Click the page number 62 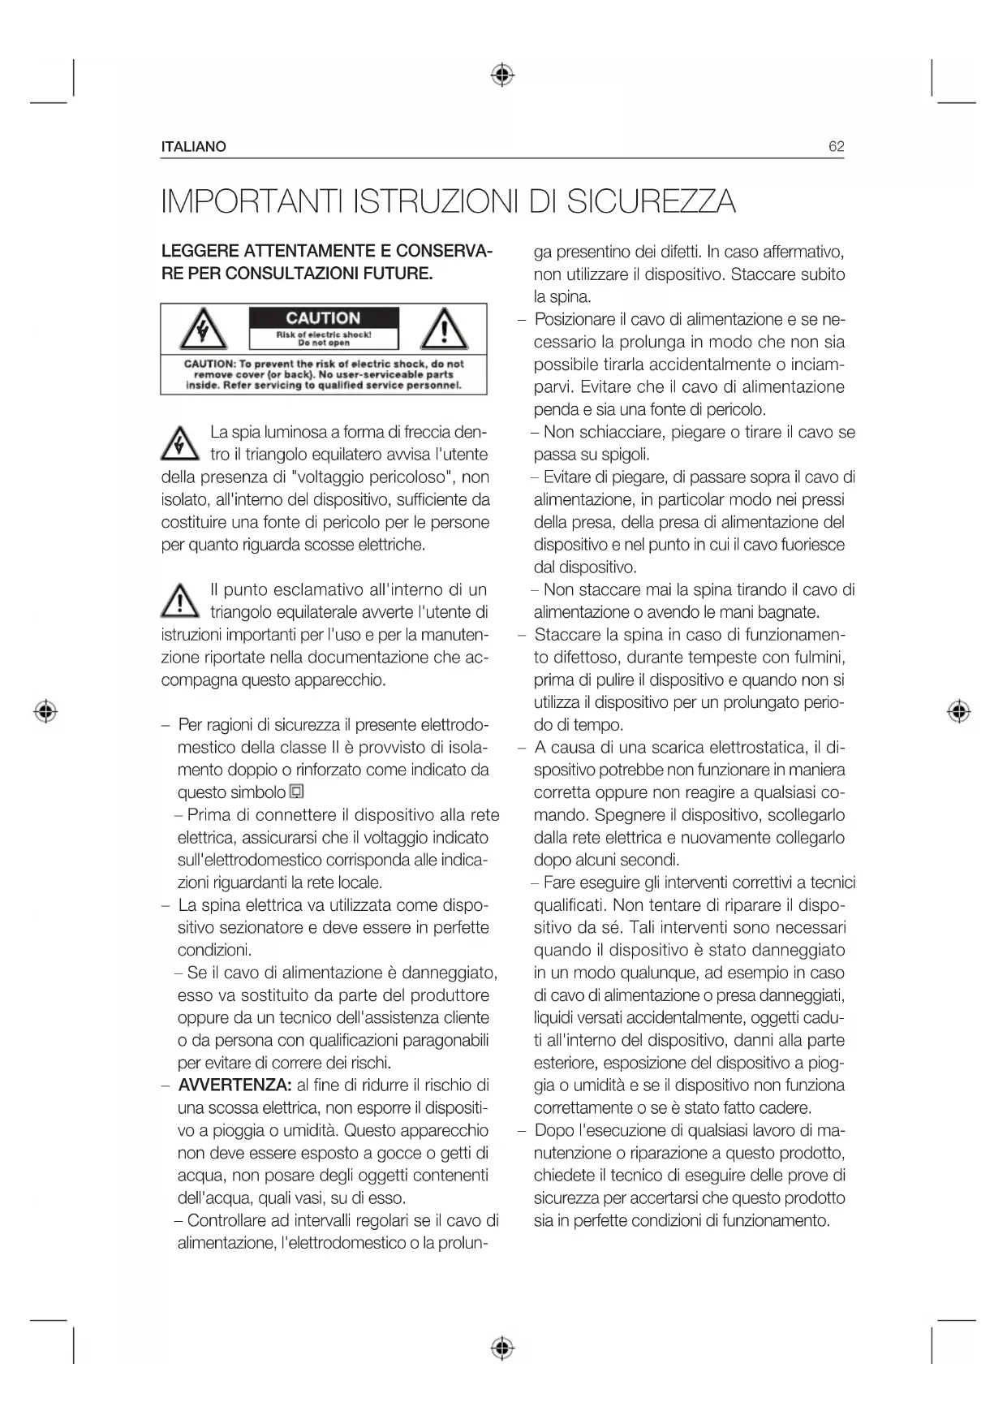pos(836,147)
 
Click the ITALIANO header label pos(194,147)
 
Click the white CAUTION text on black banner pos(323,318)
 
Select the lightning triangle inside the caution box pos(203,329)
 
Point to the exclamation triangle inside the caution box pos(443,329)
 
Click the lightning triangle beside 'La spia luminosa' pos(179,444)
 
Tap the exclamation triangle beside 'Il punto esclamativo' pos(179,602)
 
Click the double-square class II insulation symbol pos(297,792)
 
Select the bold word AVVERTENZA pos(235,1085)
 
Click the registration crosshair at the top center pos(503,76)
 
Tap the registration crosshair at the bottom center pos(503,1348)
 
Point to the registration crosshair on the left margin pos(46,711)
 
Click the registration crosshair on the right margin pos(959,711)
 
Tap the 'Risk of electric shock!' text pos(324,334)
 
